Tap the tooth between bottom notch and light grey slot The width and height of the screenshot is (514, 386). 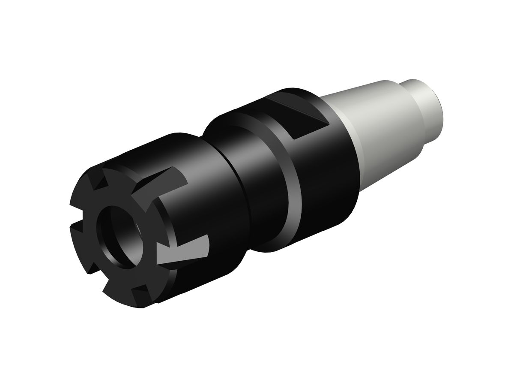(x=158, y=279)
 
